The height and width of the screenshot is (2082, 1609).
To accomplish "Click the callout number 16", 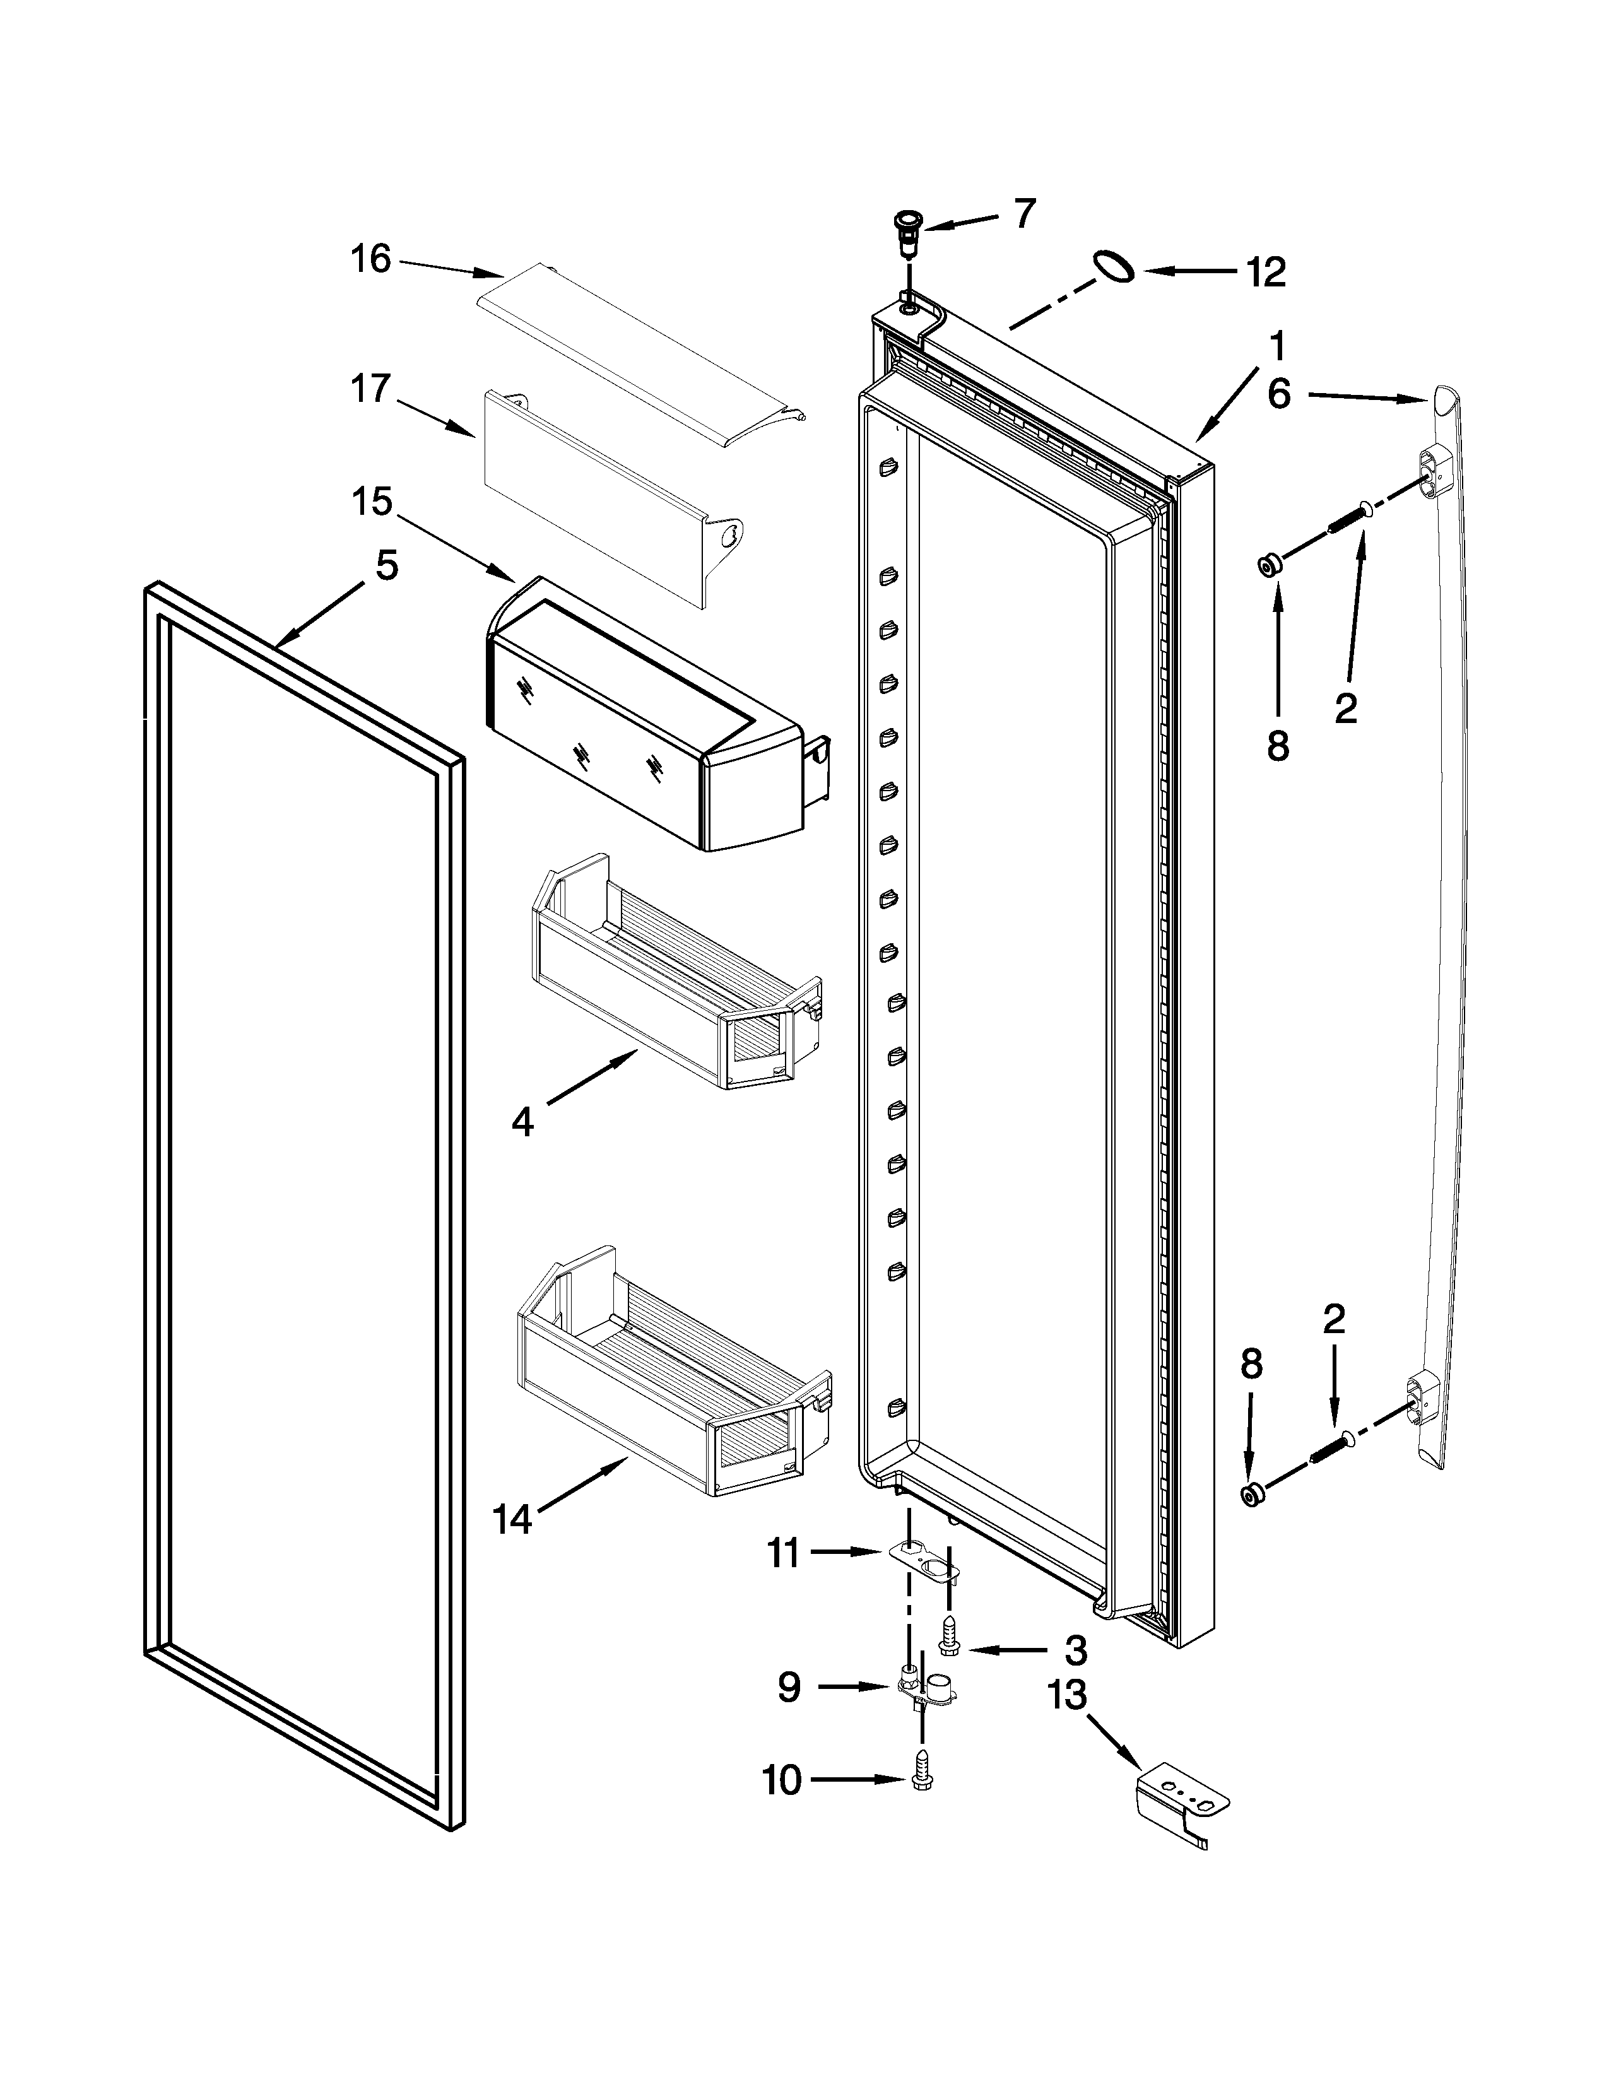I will pyautogui.click(x=371, y=258).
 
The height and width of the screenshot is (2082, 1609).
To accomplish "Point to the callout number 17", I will pyautogui.click(x=371, y=388).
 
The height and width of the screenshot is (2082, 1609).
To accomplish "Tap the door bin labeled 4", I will pyautogui.click(x=677, y=972).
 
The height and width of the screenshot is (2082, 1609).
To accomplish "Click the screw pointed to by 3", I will pyautogui.click(x=950, y=1640).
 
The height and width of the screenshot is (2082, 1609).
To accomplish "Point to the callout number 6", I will pyautogui.click(x=1278, y=393).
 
